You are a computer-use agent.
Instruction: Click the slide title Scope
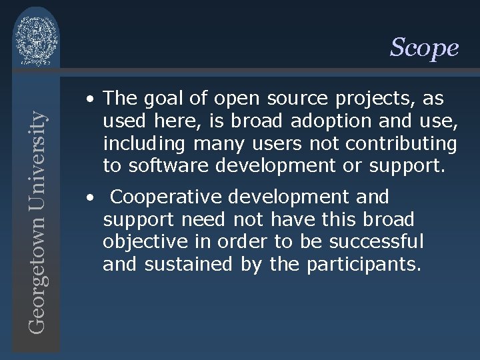(424, 47)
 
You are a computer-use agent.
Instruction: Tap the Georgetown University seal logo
(37, 39)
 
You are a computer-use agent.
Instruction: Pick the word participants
(364, 265)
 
